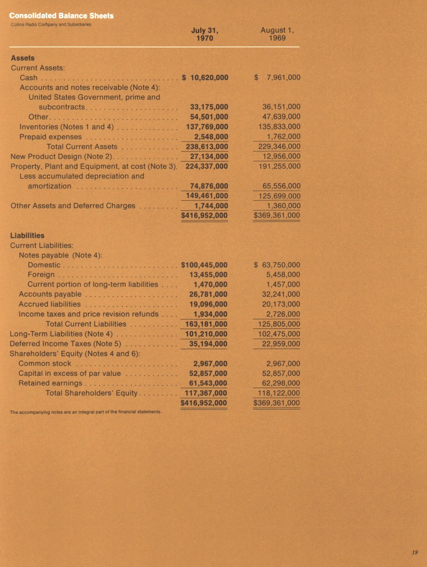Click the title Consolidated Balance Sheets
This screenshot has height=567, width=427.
[x=61, y=16]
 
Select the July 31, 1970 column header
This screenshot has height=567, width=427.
[x=205, y=34]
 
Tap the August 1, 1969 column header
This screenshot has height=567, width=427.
[x=278, y=34]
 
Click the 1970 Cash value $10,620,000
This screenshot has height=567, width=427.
[x=205, y=77]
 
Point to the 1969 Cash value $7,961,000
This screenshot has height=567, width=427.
[x=277, y=77]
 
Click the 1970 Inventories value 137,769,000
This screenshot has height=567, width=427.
[x=207, y=127]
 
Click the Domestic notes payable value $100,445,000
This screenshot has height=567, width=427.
[x=205, y=264]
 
